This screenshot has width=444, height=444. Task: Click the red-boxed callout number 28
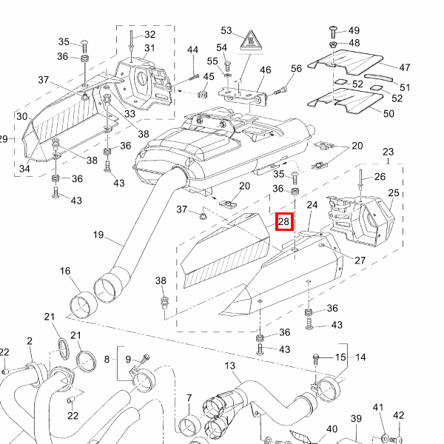(285, 221)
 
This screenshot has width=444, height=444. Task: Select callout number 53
(226, 31)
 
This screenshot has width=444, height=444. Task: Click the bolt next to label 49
(332, 30)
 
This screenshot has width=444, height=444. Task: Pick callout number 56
(296, 68)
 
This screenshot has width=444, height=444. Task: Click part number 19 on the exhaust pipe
(98, 235)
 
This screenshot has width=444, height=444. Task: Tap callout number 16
(65, 272)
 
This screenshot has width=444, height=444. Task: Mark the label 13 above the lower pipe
(229, 366)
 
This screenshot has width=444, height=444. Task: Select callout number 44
(192, 50)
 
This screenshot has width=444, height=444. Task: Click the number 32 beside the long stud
(149, 34)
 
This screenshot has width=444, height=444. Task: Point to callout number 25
(393, 193)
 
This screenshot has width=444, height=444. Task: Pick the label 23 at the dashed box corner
(387, 152)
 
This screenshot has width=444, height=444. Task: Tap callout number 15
(340, 357)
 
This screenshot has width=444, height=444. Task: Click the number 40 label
(332, 428)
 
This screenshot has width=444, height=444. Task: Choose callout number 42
(398, 415)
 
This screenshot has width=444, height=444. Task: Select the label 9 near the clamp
(127, 360)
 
